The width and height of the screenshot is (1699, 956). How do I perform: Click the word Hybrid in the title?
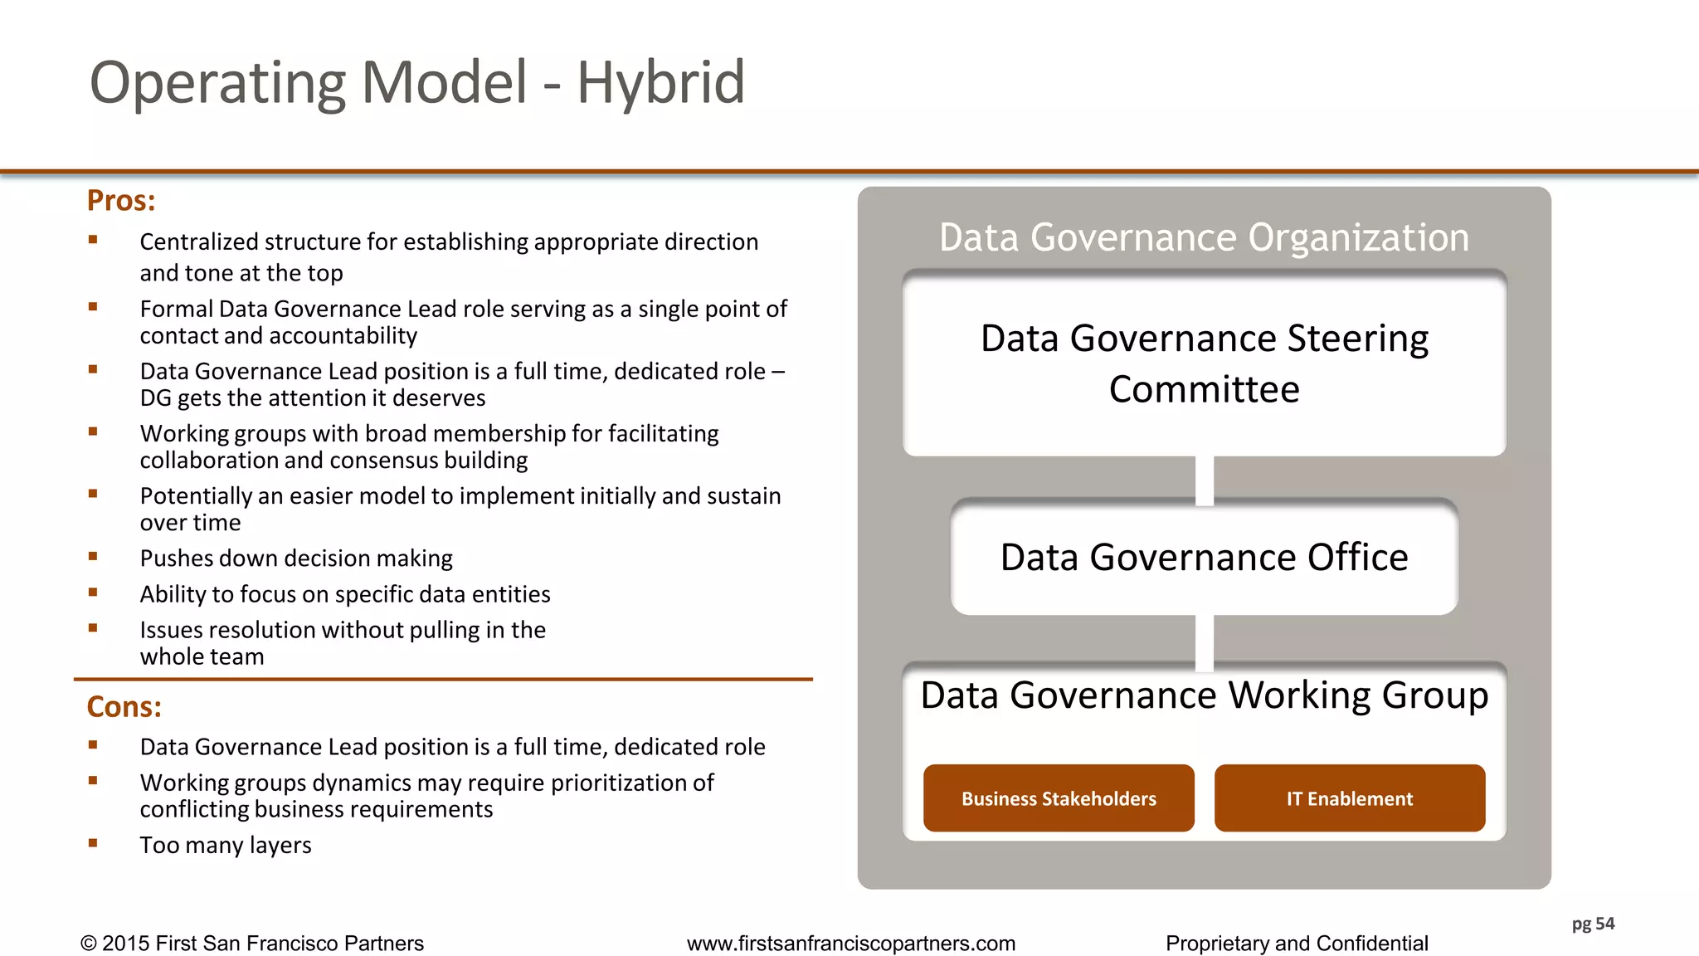tap(660, 83)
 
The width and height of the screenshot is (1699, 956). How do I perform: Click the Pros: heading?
tap(121, 201)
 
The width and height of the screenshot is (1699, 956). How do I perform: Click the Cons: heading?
tap(124, 707)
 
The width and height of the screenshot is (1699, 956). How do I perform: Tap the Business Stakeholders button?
tap(1059, 798)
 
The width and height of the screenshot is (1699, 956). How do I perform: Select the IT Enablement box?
tap(1350, 798)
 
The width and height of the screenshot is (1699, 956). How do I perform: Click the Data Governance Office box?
tap(1204, 557)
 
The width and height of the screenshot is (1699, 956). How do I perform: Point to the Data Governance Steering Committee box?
tap(1204, 363)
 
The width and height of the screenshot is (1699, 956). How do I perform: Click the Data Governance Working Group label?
tap(1204, 695)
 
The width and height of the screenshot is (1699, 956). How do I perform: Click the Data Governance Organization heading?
tap(1204, 237)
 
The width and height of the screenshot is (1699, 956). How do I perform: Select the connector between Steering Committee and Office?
tap(1205, 479)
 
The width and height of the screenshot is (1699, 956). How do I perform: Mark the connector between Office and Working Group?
tap(1205, 641)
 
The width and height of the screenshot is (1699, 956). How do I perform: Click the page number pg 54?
tap(1593, 924)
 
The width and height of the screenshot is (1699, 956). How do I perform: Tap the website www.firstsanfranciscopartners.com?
tap(850, 944)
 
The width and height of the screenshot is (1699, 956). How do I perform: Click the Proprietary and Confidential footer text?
tap(1297, 944)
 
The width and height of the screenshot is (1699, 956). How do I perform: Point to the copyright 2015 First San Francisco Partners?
tap(252, 944)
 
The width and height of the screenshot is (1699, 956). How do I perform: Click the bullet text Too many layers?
tap(226, 845)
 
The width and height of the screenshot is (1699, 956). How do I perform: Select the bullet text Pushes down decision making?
tap(296, 558)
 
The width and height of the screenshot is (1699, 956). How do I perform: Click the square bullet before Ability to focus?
tap(93, 593)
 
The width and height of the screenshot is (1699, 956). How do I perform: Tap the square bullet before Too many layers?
tap(93, 843)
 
